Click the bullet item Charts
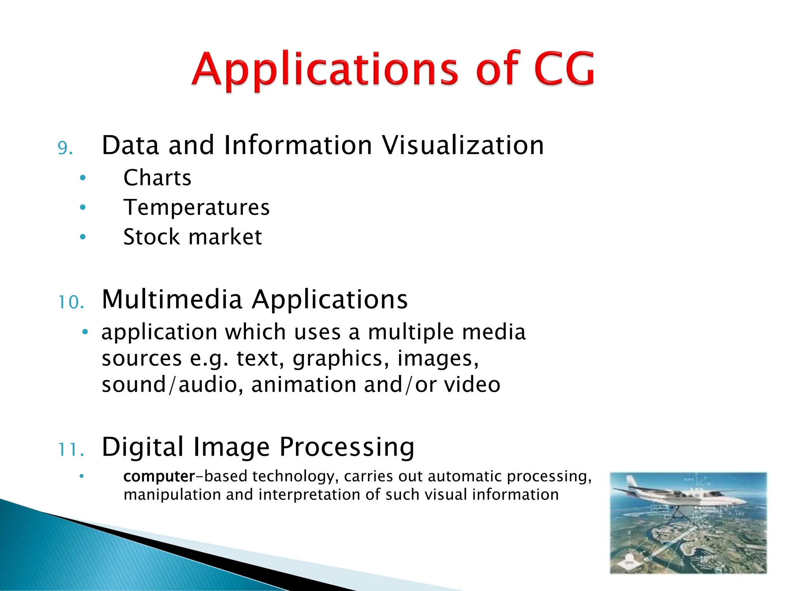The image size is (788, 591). click(157, 178)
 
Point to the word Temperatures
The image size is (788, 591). click(196, 208)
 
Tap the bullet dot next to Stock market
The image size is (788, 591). click(83, 237)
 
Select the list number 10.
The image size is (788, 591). click(71, 302)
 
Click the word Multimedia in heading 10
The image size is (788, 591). click(172, 299)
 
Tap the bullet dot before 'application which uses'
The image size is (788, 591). click(85, 332)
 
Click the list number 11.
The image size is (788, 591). click(71, 450)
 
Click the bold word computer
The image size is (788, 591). click(159, 477)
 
